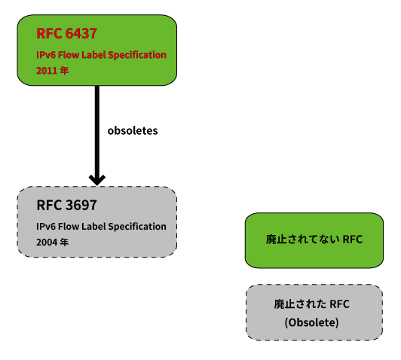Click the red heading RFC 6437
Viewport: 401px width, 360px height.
(x=67, y=33)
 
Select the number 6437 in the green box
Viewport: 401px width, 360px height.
(x=81, y=33)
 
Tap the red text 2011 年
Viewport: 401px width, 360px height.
(x=53, y=71)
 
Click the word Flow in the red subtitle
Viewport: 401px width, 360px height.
(x=69, y=55)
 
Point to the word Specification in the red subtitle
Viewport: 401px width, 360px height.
(x=139, y=55)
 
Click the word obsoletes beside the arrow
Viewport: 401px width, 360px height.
(x=133, y=130)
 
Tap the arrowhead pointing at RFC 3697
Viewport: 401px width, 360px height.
(x=97, y=180)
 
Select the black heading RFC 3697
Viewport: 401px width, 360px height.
(x=67, y=205)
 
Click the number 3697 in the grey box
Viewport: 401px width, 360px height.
(x=81, y=205)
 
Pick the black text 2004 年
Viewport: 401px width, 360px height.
(x=53, y=242)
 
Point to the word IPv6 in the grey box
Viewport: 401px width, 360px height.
(x=46, y=227)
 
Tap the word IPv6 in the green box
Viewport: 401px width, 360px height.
(x=46, y=55)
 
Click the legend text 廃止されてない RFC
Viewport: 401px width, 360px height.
(x=314, y=239)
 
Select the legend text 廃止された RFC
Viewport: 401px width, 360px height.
(x=311, y=304)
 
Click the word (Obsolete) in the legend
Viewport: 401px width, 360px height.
(x=311, y=322)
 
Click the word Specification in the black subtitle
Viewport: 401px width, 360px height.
(x=139, y=227)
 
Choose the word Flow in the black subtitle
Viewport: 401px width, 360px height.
(x=69, y=227)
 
